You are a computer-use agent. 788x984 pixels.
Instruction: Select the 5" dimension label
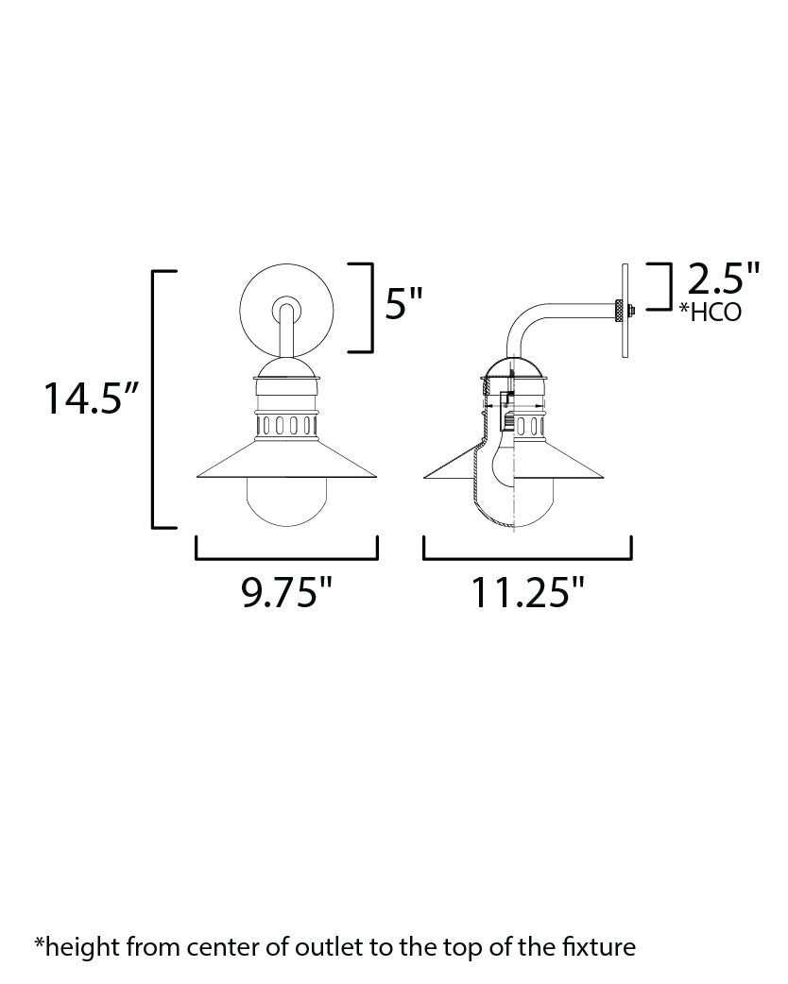pyautogui.click(x=403, y=305)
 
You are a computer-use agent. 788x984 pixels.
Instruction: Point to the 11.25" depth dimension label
pyautogui.click(x=528, y=594)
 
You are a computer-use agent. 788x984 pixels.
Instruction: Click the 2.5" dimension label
pyautogui.click(x=723, y=280)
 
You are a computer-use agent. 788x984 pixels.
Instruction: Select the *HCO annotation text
pyautogui.click(x=710, y=313)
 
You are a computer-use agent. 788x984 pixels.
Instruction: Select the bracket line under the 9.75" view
pyautogui.click(x=286, y=559)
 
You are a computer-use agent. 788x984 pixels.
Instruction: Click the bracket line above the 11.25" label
pyautogui.click(x=527, y=559)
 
